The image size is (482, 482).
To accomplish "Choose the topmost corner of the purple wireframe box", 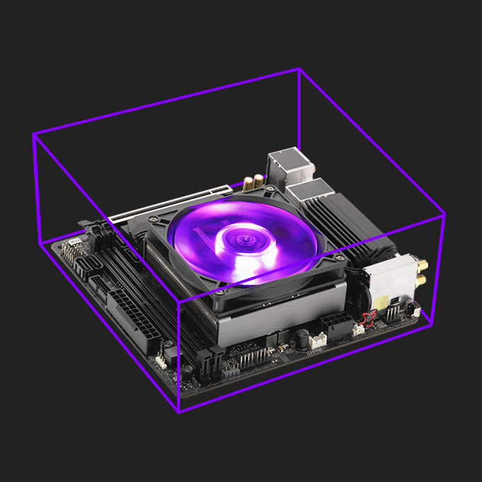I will tap(298, 69).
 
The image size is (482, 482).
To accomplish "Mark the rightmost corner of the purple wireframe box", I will tap(444, 212).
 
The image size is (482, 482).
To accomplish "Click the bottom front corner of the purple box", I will tap(179, 412).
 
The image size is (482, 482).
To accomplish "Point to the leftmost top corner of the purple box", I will tap(33, 134).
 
